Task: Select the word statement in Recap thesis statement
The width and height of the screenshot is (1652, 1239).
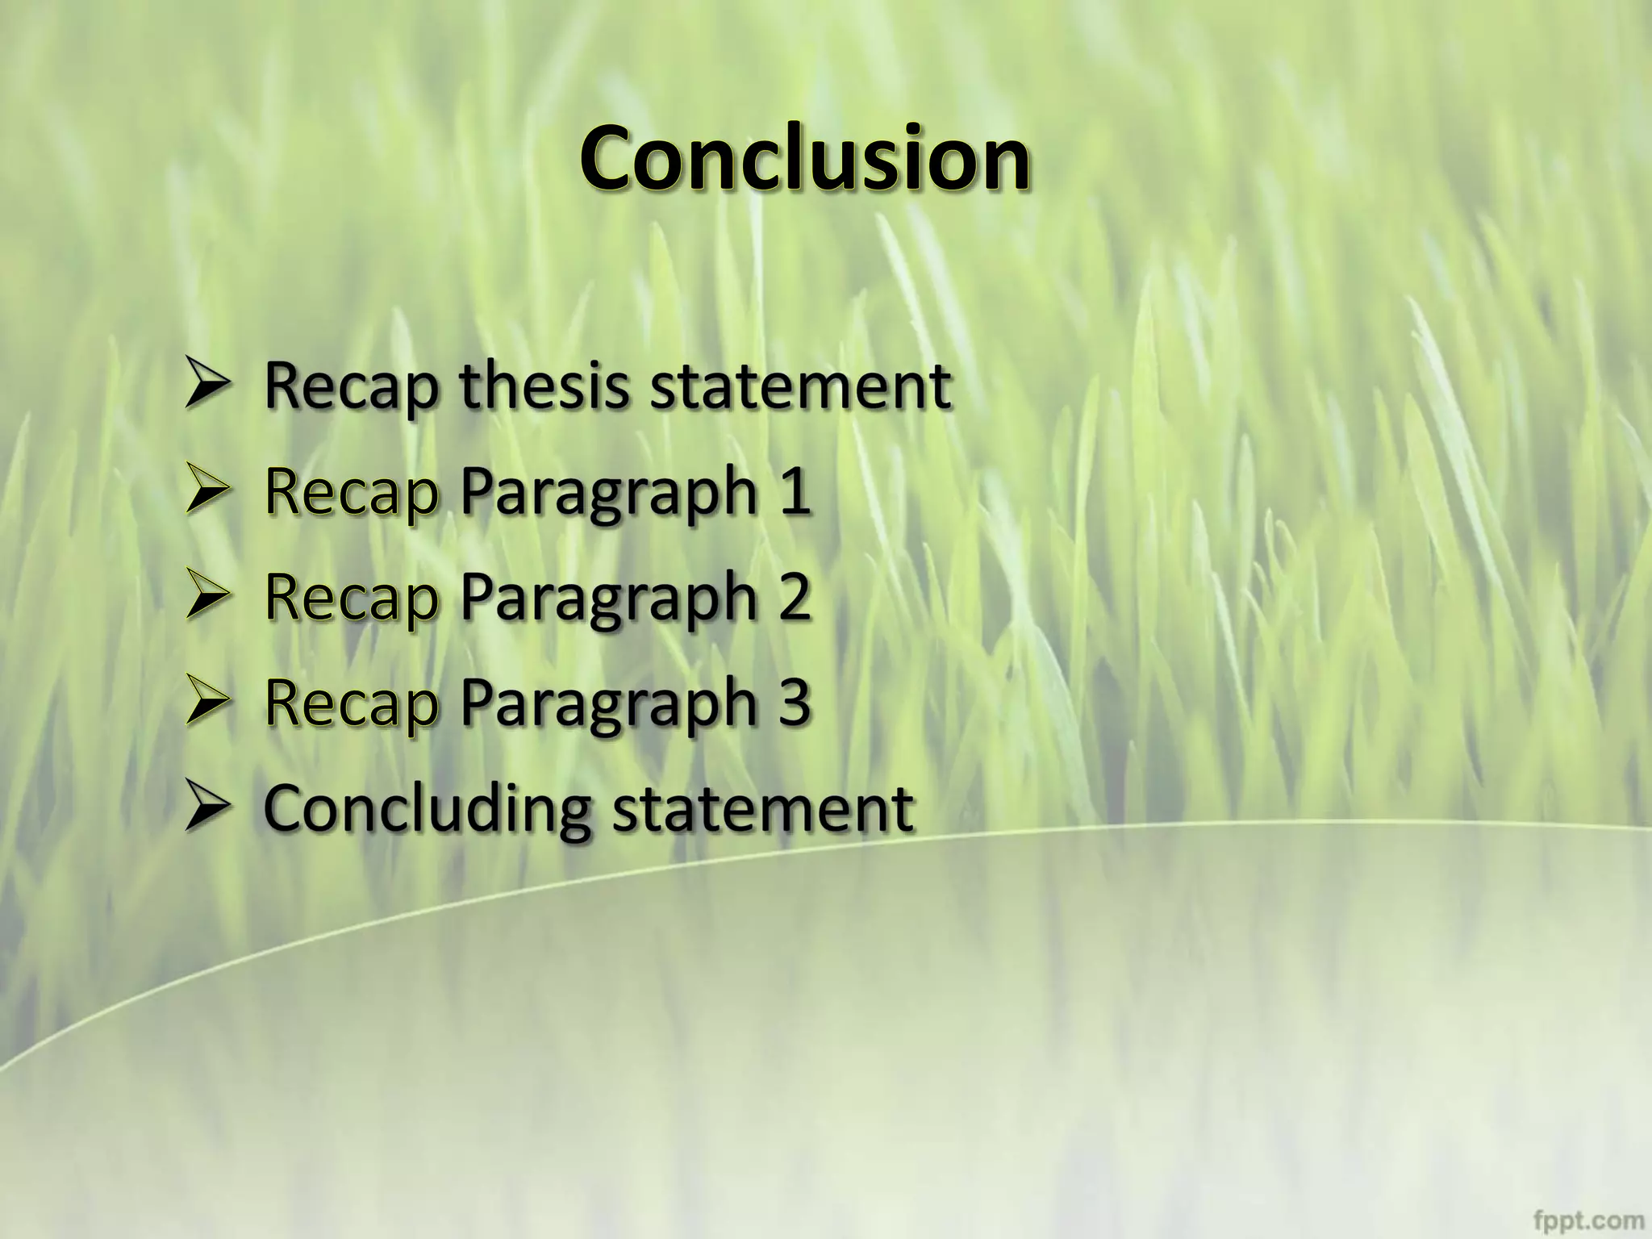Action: [800, 386]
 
